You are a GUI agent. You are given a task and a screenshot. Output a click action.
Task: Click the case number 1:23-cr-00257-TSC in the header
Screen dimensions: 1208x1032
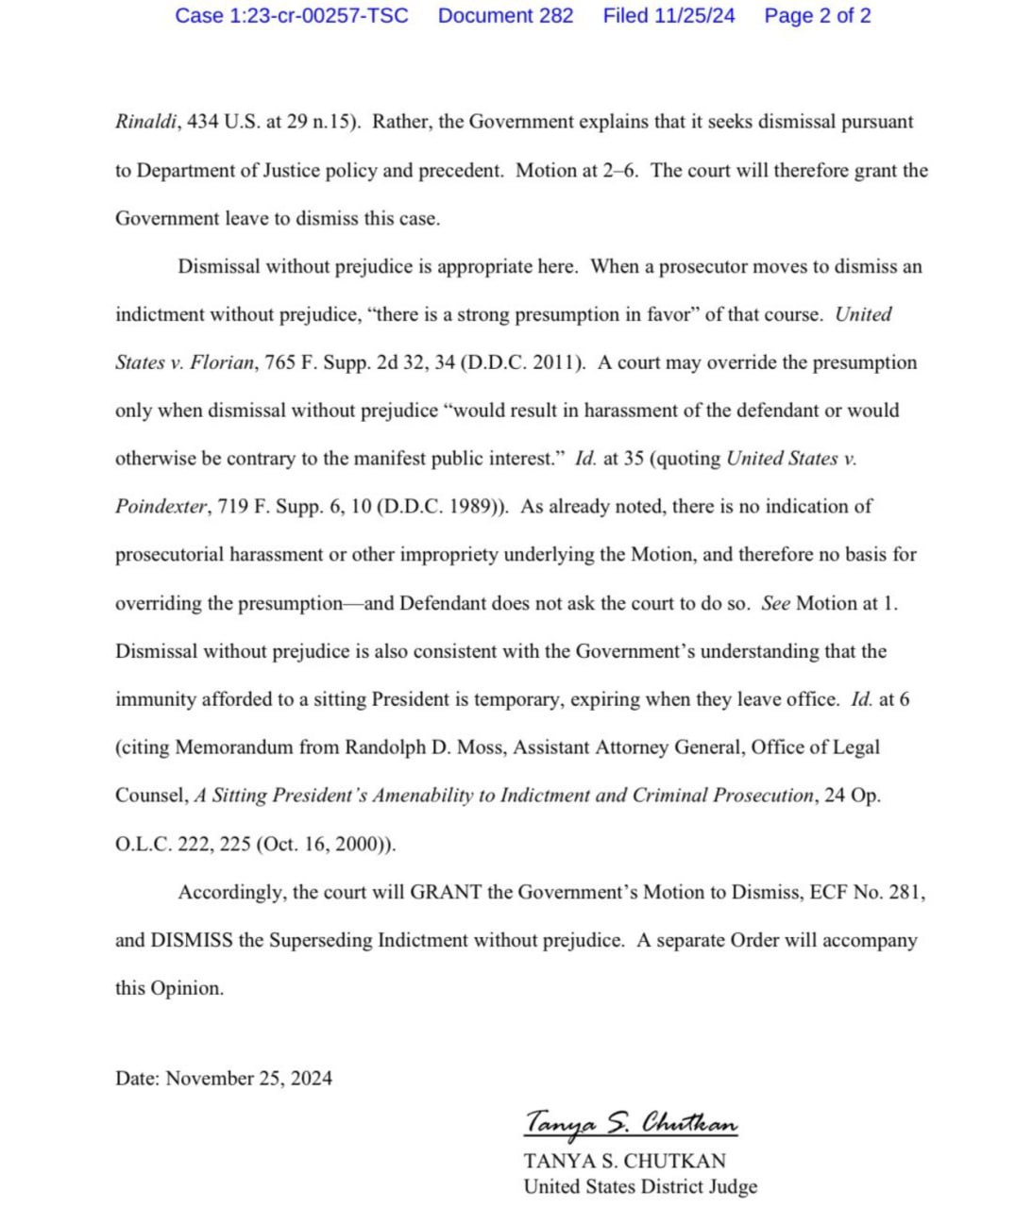click(292, 16)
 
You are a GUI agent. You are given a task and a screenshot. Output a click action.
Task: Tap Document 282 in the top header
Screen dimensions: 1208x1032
click(505, 16)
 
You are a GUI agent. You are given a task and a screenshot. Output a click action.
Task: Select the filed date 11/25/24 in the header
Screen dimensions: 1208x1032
click(668, 16)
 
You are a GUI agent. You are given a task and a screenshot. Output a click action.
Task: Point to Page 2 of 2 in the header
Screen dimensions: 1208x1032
click(818, 16)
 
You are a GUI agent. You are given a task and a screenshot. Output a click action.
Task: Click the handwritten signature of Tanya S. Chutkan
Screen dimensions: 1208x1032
click(631, 1123)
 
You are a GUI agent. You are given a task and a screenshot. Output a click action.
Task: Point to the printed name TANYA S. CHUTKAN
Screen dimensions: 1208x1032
click(625, 1162)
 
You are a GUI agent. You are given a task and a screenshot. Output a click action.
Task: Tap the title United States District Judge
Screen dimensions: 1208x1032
click(640, 1187)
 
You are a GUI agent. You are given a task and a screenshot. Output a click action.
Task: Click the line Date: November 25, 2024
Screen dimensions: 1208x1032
click(224, 1079)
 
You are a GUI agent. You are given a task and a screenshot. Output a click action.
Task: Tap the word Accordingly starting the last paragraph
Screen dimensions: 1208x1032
click(230, 893)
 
